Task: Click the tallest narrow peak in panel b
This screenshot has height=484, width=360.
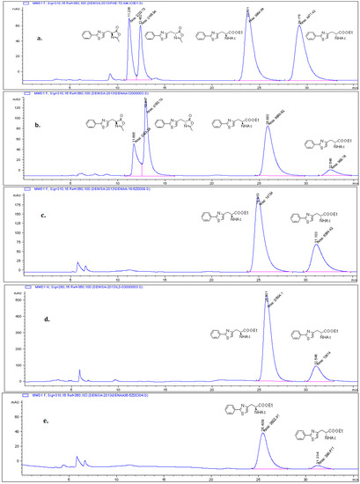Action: pyautogui.click(x=145, y=107)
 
